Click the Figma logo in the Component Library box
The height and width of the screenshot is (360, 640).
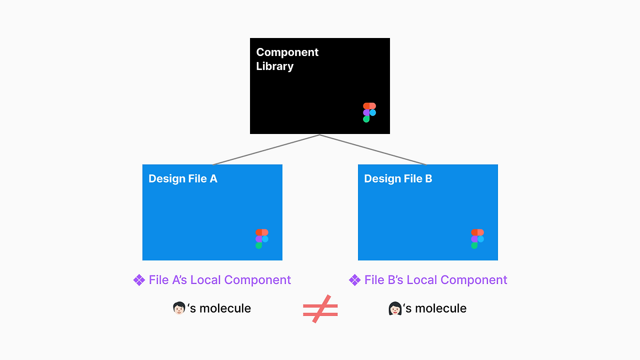pos(369,112)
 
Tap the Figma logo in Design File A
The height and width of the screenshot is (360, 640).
pos(262,239)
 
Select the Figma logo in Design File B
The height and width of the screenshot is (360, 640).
pos(477,239)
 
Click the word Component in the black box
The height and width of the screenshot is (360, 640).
pos(287,52)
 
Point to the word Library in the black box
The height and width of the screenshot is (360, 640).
pos(274,66)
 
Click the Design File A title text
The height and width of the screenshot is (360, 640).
pos(182,179)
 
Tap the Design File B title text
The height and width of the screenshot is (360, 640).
pos(398,179)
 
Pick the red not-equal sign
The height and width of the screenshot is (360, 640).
pos(320,309)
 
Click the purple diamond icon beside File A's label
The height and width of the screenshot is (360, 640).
pos(139,280)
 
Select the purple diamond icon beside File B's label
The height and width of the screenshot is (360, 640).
pos(354,280)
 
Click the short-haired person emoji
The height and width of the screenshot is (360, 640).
pos(179,308)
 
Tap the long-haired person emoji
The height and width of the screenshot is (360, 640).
pos(395,308)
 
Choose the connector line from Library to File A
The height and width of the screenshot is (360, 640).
pos(266,149)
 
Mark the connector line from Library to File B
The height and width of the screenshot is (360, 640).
pos(373,149)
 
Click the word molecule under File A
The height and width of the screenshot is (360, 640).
pos(225,308)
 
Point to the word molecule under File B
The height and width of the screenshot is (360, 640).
pos(440,308)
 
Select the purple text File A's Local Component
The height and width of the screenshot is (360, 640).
pos(219,280)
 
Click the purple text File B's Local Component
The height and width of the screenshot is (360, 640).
pos(435,280)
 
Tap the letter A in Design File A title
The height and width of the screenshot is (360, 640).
pos(213,179)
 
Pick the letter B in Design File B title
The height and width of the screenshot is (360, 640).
pos(428,179)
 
